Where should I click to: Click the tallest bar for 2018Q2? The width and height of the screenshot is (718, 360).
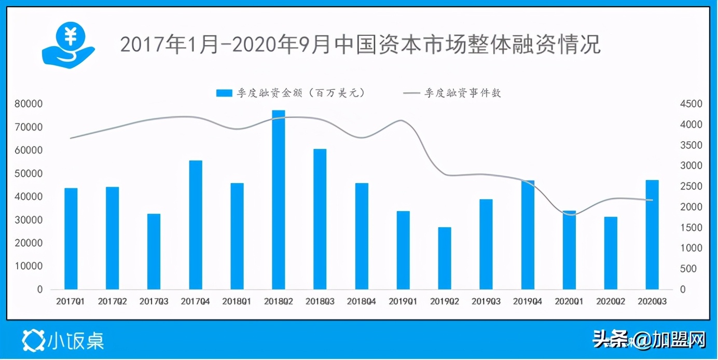pos(279,200)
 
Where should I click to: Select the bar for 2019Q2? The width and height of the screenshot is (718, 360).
pos(445,258)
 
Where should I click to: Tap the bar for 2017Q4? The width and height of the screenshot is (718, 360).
pos(196,225)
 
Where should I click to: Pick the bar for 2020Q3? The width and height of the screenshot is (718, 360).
pos(652,234)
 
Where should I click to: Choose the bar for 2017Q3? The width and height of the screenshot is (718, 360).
pos(154,251)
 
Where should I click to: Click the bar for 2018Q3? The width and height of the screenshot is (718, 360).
pos(320,219)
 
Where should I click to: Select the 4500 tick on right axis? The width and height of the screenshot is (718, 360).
pos(691,104)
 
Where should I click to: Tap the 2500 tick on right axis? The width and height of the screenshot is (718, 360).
pos(691,187)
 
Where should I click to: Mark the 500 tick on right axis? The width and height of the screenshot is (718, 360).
pos(688,269)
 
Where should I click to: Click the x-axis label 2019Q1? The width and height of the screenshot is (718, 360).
pos(403,301)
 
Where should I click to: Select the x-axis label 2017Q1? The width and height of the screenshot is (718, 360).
pos(71,301)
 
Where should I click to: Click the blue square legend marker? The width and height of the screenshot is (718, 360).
pos(224,93)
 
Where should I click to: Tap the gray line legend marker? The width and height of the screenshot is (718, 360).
pos(412,93)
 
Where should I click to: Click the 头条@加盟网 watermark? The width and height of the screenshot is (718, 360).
pos(650,340)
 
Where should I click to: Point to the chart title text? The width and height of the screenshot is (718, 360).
pos(360,45)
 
